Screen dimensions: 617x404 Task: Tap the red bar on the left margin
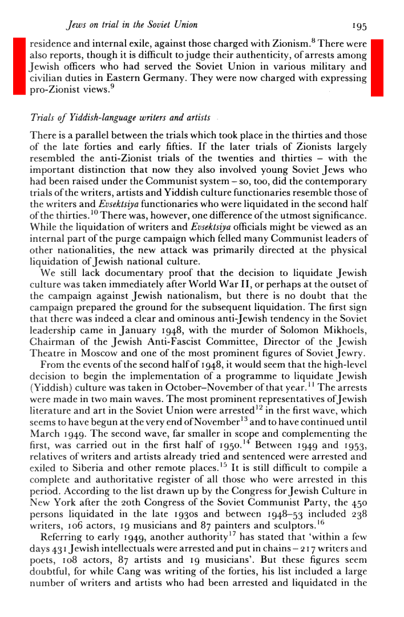pyautogui.click(x=21, y=66)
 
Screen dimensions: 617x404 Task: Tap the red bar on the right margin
pyautogui.click(x=377, y=66)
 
